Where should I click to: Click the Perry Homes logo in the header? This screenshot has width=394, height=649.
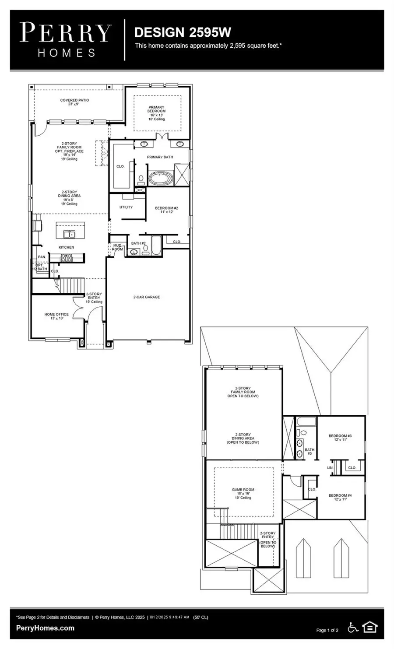(x=66, y=40)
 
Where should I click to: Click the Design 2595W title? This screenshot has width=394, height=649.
(x=183, y=32)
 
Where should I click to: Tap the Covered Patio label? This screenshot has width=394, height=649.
(x=74, y=102)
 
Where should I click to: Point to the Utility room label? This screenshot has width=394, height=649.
(x=126, y=207)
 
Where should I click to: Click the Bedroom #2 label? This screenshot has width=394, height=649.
(x=167, y=210)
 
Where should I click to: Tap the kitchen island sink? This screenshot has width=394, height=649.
(x=69, y=235)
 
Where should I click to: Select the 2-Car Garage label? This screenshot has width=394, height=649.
(x=147, y=297)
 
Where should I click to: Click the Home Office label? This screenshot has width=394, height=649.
(x=56, y=316)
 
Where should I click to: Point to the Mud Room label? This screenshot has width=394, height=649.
(x=117, y=247)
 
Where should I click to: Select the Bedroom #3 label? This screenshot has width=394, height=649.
(x=340, y=438)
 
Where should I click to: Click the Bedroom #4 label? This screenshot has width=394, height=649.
(x=340, y=497)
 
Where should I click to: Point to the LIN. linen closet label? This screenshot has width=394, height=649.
(x=330, y=468)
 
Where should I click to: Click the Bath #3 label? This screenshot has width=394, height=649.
(x=310, y=451)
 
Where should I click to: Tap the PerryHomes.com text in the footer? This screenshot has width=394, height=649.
(x=45, y=628)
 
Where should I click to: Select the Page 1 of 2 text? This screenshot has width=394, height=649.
(x=327, y=630)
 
